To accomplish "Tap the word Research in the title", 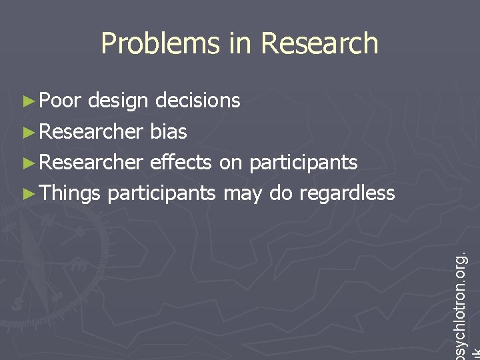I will (319, 43).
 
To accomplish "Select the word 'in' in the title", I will (239, 43).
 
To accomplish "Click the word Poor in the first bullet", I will (60, 101).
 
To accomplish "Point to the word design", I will (117, 102).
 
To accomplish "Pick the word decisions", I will (197, 101).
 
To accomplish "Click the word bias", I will (169, 131).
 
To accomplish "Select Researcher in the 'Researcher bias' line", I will (91, 131).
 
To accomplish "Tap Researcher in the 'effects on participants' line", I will (91, 162).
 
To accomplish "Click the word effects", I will (181, 162).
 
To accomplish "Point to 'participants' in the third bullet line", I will (303, 163).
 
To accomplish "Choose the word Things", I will (70, 194).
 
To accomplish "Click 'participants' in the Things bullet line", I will (161, 194).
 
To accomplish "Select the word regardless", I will (347, 194).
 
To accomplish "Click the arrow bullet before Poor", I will (27, 101).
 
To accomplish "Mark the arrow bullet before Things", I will (27, 194).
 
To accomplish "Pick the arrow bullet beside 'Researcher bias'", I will (27, 132).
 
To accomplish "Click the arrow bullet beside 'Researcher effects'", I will (27, 163).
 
